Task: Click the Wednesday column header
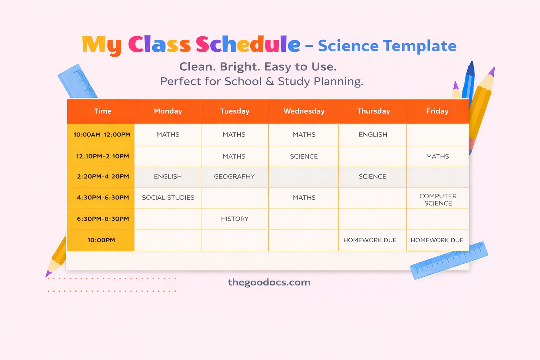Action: click(x=304, y=111)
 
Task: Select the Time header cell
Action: click(x=102, y=111)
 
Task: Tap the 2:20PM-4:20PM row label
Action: click(x=103, y=176)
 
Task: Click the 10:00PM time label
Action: click(x=101, y=240)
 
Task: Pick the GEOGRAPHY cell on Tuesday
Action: click(x=234, y=176)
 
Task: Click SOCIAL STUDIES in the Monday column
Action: click(x=168, y=198)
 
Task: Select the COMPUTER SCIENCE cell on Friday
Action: click(x=438, y=199)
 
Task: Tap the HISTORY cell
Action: click(x=234, y=219)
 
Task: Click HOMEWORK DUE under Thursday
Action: click(x=370, y=240)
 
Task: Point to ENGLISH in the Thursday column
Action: click(x=373, y=135)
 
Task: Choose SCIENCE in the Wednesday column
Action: click(x=304, y=156)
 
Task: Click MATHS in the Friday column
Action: click(x=437, y=156)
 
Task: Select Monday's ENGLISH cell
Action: click(x=168, y=176)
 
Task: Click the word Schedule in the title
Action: click(x=248, y=45)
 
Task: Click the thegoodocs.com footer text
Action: click(x=269, y=282)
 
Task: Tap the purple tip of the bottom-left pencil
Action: click(x=48, y=274)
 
